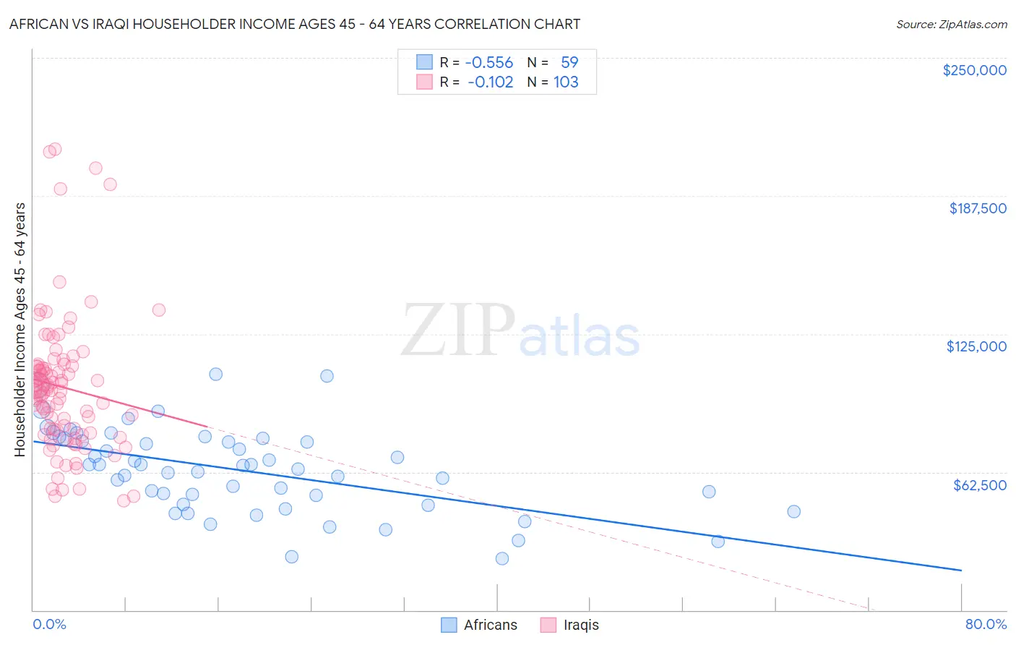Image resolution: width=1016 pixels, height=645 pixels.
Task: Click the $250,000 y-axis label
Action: (x=974, y=70)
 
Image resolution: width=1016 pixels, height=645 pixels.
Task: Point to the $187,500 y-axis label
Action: (x=977, y=208)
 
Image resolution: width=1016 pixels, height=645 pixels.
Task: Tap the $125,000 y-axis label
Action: (x=976, y=346)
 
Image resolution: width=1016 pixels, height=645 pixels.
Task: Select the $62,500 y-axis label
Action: (x=979, y=485)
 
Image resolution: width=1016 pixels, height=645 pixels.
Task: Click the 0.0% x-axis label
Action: (x=49, y=625)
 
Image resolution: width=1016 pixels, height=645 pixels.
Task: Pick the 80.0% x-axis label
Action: (x=986, y=625)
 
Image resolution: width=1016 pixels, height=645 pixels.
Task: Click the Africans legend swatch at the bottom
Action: (x=449, y=625)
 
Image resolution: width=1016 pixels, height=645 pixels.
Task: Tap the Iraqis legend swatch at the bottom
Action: (x=548, y=625)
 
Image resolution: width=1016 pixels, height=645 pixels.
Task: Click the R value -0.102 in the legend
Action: (x=490, y=82)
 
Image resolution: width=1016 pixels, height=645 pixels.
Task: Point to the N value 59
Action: (x=569, y=63)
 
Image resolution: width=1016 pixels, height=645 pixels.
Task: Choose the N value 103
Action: (x=566, y=82)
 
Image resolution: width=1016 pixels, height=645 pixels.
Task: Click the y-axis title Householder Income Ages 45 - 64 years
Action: (x=20, y=330)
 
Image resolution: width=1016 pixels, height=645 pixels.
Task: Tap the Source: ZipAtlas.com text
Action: (x=951, y=25)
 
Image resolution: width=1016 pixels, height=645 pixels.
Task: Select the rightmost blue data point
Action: (x=793, y=511)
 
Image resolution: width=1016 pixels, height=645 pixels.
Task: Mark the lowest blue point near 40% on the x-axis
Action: (x=501, y=558)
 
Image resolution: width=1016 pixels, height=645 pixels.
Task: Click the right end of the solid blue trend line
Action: (x=961, y=571)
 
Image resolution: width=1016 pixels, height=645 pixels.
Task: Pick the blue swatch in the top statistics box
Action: (x=424, y=63)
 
